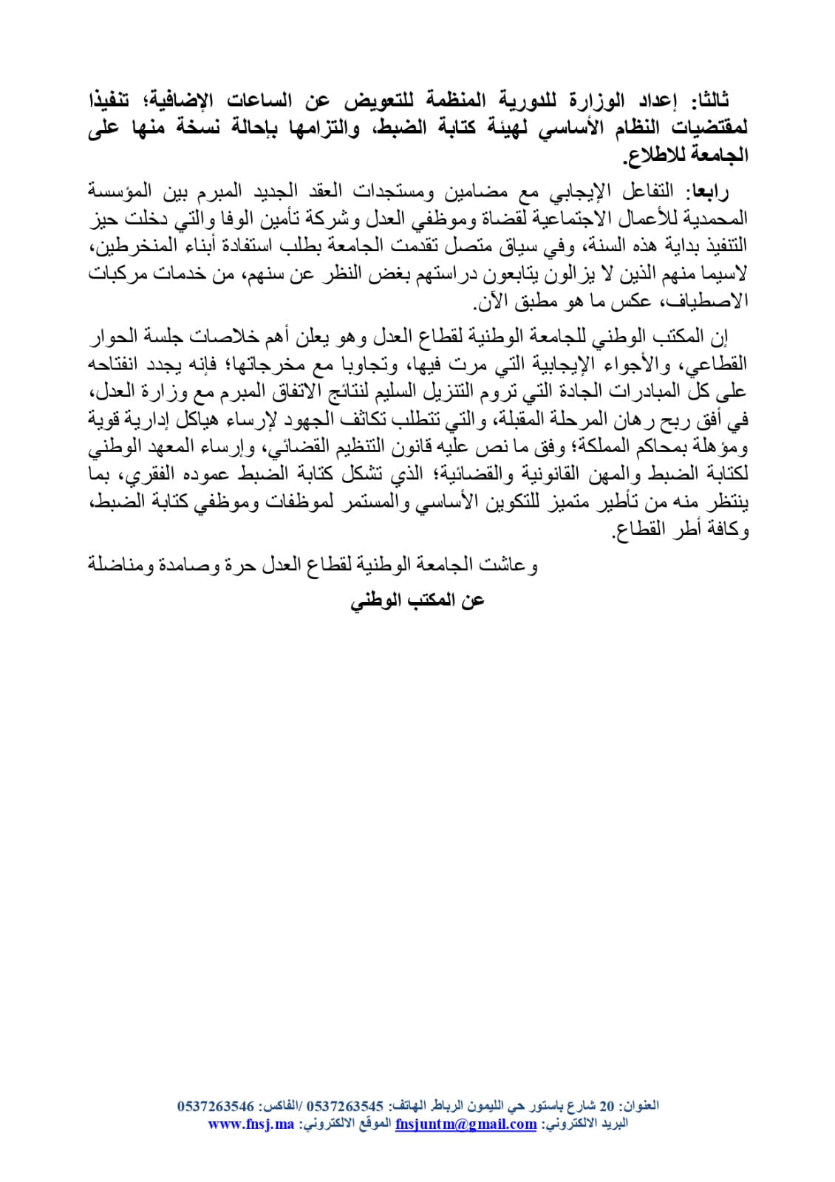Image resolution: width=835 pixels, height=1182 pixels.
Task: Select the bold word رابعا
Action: click(708, 191)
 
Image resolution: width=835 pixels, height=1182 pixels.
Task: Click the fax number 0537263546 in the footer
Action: click(216, 1107)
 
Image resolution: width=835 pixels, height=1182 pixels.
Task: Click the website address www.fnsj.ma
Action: click(251, 1124)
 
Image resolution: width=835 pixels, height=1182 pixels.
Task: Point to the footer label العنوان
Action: click(638, 1107)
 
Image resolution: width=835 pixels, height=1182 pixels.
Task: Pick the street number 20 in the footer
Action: click(607, 1107)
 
